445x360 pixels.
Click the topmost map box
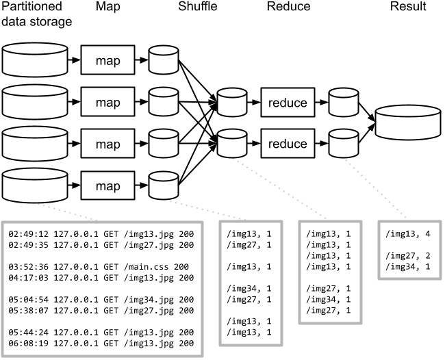pos(107,60)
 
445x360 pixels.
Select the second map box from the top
pos(107,103)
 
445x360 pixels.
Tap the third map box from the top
pos(107,144)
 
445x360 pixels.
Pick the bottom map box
pos(107,186)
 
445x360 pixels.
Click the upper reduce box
pos(288,103)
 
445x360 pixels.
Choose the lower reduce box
pos(288,144)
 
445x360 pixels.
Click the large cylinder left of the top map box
pos(35,60)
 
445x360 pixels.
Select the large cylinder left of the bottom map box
pos(35,185)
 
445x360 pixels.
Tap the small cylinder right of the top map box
pos(164,60)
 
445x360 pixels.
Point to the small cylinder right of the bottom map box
pos(164,185)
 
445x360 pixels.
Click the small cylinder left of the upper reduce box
pos(232,102)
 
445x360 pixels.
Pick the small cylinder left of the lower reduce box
pos(232,144)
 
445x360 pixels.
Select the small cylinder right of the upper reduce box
pos(344,102)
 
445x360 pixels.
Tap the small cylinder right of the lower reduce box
pos(344,144)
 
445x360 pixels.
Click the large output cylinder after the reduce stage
pos(407,123)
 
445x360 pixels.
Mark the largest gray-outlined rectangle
pos(103,288)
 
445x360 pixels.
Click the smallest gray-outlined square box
pos(409,250)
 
